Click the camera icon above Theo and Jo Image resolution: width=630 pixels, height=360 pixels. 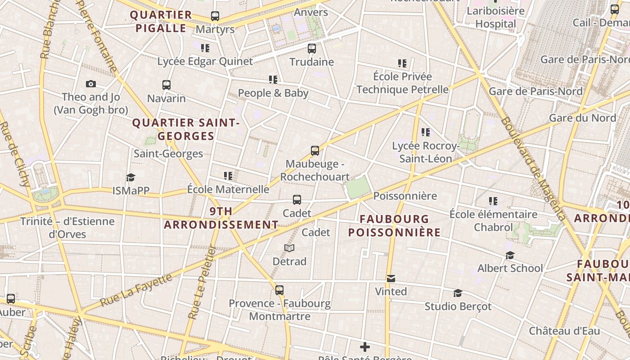pyautogui.click(x=91, y=84)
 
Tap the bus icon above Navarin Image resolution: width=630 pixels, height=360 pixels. pyautogui.click(x=166, y=85)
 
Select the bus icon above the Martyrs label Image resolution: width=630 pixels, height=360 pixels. pyautogui.click(x=215, y=16)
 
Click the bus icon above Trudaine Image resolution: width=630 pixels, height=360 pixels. pyautogui.click(x=312, y=49)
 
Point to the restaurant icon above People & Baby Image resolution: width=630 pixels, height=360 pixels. pyautogui.click(x=273, y=80)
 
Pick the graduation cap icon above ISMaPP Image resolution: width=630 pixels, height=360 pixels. pyautogui.click(x=130, y=177)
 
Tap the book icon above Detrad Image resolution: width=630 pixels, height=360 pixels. pyautogui.click(x=289, y=248)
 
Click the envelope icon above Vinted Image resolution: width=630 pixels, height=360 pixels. pyautogui.click(x=391, y=279)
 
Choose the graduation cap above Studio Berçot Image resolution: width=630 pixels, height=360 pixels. pyautogui.click(x=458, y=293)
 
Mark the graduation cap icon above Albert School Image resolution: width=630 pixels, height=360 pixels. pyautogui.click(x=510, y=255)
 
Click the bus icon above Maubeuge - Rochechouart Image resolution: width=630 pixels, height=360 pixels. pyautogui.click(x=315, y=150)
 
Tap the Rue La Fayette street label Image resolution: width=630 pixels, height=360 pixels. pyautogui.click(x=136, y=290)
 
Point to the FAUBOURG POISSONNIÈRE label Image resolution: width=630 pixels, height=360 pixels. pyautogui.click(x=394, y=225)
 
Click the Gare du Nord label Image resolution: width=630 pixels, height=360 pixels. pyautogui.click(x=582, y=118)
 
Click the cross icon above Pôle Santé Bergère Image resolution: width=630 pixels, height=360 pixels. pyautogui.click(x=365, y=347)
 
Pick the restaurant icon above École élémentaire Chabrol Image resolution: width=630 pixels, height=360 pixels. pyautogui.click(x=493, y=201)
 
